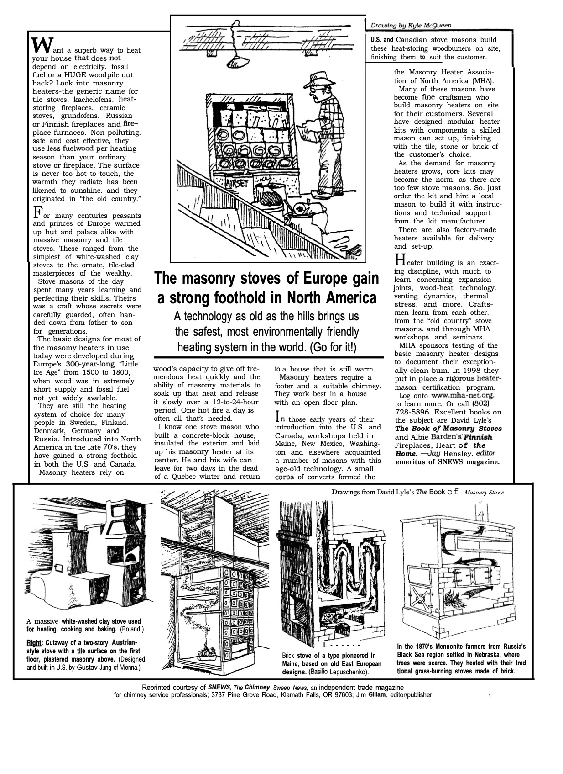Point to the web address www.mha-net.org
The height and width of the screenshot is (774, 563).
click(x=463, y=395)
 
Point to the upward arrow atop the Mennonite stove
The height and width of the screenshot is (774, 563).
click(x=480, y=514)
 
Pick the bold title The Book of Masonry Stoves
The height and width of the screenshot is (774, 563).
click(x=448, y=429)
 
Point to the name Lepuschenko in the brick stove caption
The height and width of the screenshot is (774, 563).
click(x=349, y=673)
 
